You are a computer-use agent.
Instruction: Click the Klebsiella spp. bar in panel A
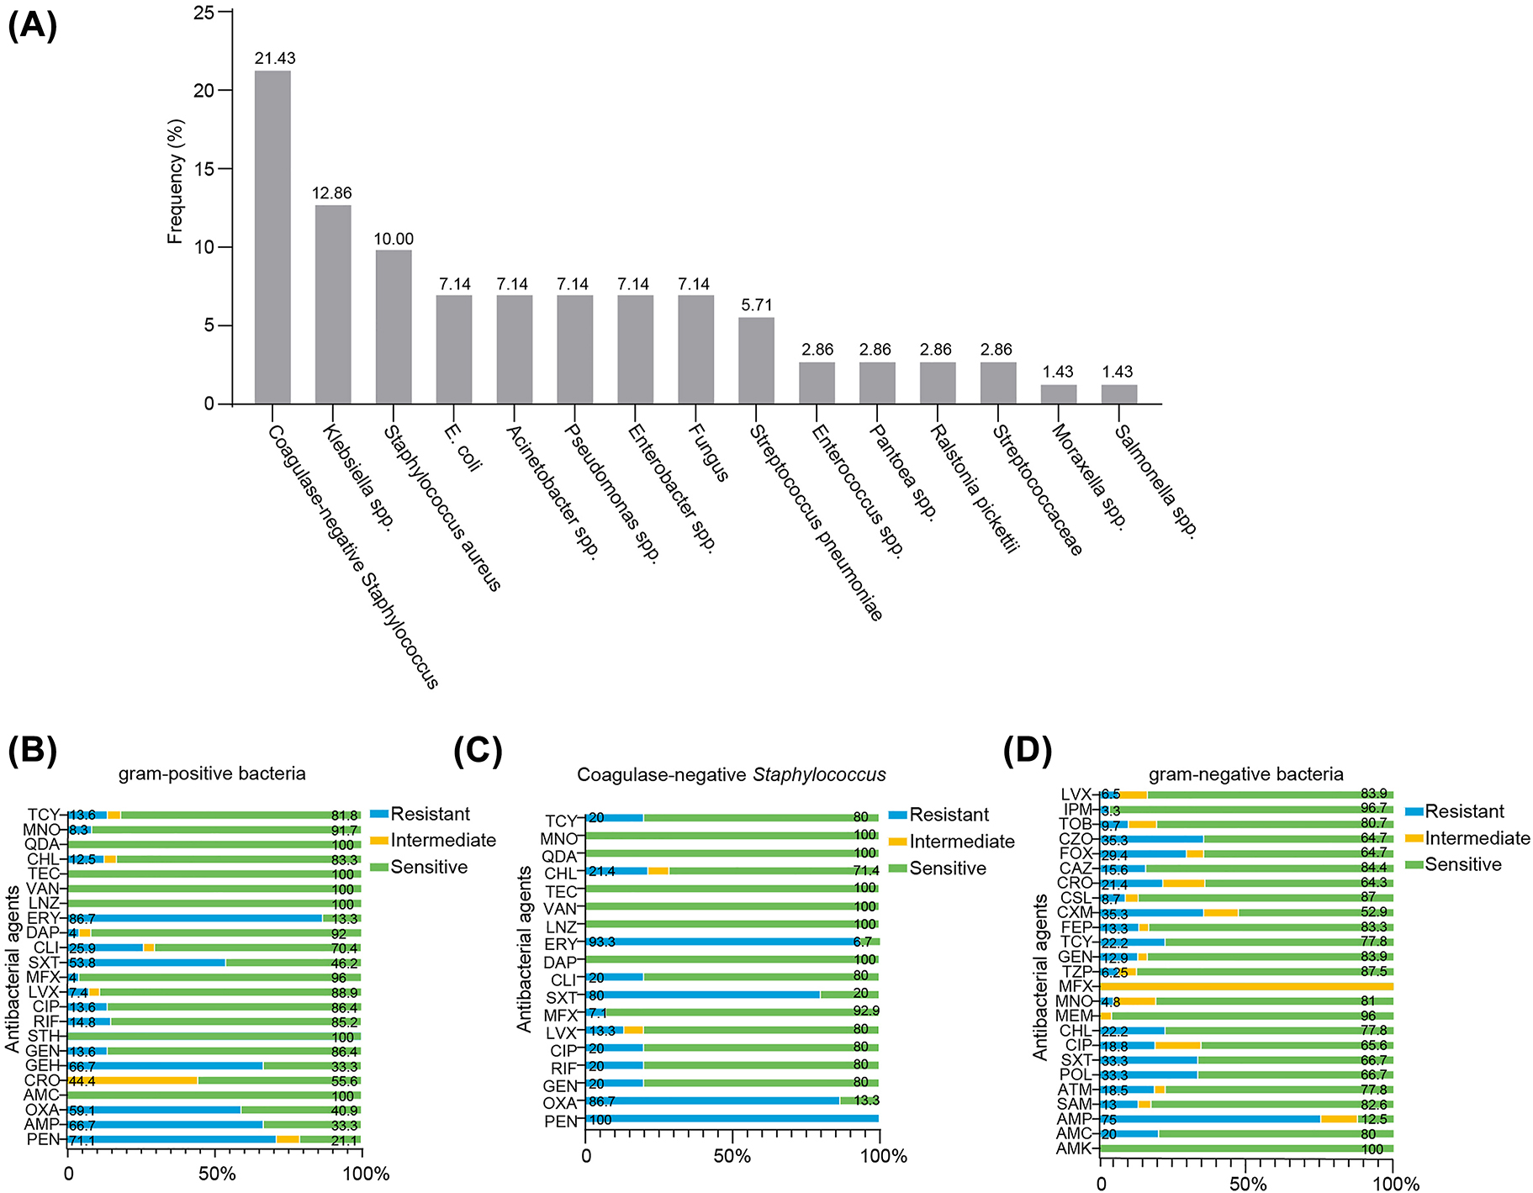click(333, 304)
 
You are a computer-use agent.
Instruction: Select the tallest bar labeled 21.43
click(272, 237)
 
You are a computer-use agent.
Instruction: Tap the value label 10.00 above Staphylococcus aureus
click(394, 239)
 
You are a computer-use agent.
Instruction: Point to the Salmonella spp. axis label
click(1155, 481)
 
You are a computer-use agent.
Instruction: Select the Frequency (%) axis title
click(175, 182)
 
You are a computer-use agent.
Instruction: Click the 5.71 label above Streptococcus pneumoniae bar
click(757, 305)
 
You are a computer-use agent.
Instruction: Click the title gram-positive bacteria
click(212, 773)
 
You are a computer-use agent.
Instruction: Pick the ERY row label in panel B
click(44, 918)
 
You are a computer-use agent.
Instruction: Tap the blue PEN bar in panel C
click(732, 1118)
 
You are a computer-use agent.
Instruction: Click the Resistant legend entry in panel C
click(949, 815)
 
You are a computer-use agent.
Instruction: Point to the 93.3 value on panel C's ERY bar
click(602, 942)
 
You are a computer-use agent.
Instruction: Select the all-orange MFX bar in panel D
click(1246, 986)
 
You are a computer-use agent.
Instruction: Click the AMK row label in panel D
click(1074, 1149)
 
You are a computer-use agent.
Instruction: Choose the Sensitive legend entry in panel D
click(1462, 864)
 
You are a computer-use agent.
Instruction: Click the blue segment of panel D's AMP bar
click(1211, 1119)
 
